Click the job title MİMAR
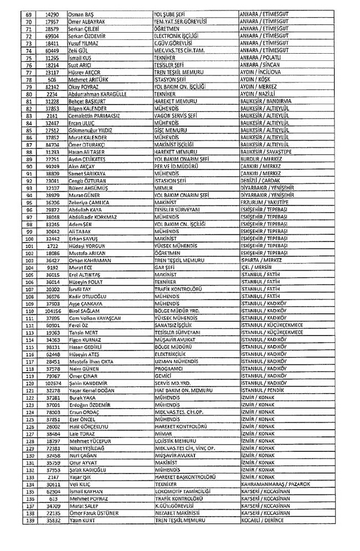click(x=163, y=434)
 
